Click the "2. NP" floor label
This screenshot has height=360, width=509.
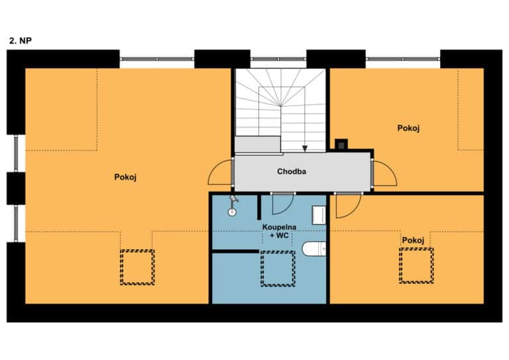click(21, 40)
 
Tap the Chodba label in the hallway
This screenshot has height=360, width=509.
click(292, 172)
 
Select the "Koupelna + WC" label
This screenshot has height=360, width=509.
click(279, 231)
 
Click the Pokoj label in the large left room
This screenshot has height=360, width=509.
click(125, 177)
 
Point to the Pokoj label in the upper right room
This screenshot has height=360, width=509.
click(408, 128)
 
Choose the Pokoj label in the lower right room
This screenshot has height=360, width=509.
click(413, 241)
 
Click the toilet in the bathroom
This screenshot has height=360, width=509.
click(314, 249)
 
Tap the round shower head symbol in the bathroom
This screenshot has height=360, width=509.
click(232, 212)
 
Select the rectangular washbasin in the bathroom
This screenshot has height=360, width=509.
click(319, 215)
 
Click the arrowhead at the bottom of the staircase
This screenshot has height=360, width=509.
click(305, 149)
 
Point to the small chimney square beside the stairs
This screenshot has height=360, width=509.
click(341, 145)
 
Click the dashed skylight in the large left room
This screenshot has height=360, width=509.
click(137, 267)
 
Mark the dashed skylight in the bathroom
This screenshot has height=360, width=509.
click(278, 269)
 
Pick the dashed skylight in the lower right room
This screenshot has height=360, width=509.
click(416, 266)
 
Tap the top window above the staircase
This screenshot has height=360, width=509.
click(278, 59)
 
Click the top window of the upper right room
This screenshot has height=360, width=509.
click(403, 59)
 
